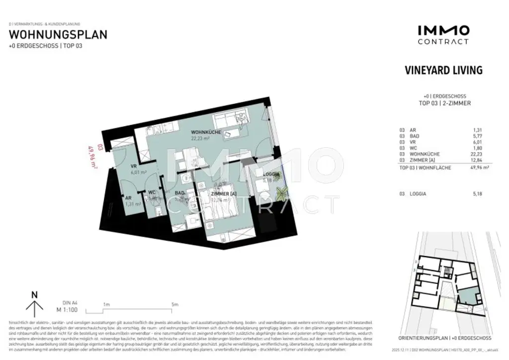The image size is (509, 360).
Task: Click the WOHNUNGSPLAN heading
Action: click(x=59, y=35)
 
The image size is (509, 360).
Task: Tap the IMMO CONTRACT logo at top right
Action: click(x=442, y=35)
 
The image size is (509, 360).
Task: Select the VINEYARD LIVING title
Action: click(x=443, y=70)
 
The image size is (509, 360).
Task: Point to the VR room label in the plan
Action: click(x=134, y=167)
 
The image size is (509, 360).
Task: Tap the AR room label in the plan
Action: click(x=128, y=197)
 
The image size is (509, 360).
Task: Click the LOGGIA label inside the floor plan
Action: click(x=272, y=174)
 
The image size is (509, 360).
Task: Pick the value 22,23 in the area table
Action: click(x=476, y=154)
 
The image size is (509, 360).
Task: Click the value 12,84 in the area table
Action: click(x=476, y=160)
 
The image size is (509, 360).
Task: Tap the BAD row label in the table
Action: click(x=414, y=136)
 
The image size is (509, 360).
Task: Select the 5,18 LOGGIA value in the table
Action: click(x=477, y=193)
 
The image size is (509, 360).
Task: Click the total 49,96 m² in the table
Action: click(x=475, y=168)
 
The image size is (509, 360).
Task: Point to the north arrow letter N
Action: click(x=34, y=294)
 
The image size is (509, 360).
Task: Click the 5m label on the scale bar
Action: click(x=175, y=304)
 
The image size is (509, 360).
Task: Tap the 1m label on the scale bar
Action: click(x=106, y=304)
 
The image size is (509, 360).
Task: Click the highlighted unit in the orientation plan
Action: click(x=466, y=298)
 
